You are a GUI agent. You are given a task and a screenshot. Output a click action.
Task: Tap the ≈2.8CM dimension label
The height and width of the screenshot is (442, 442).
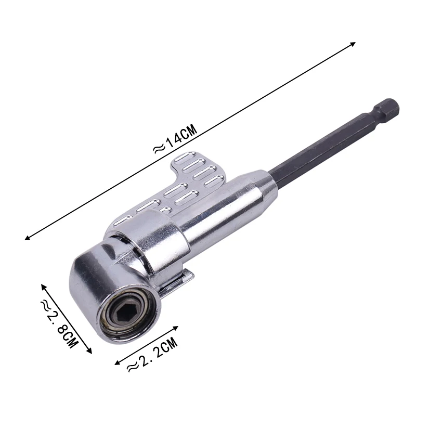pyautogui.click(x=59, y=324)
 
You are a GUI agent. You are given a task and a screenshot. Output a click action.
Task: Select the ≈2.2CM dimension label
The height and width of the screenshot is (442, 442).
pyautogui.click(x=152, y=355)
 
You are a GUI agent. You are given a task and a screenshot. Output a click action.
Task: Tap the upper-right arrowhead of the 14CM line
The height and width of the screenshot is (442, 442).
pyautogui.click(x=353, y=44)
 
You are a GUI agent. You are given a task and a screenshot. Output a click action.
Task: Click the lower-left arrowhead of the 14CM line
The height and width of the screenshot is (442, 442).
pyautogui.click(x=28, y=238)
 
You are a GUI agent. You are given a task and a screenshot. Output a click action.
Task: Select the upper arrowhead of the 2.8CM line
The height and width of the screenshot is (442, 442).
pyautogui.click(x=43, y=287)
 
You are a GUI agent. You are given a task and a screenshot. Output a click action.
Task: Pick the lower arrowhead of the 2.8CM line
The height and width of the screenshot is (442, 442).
pyautogui.click(x=89, y=350)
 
